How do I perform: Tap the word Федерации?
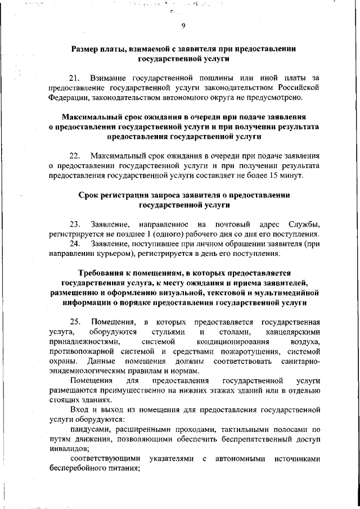point(69,98)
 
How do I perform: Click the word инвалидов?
point(69,449)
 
